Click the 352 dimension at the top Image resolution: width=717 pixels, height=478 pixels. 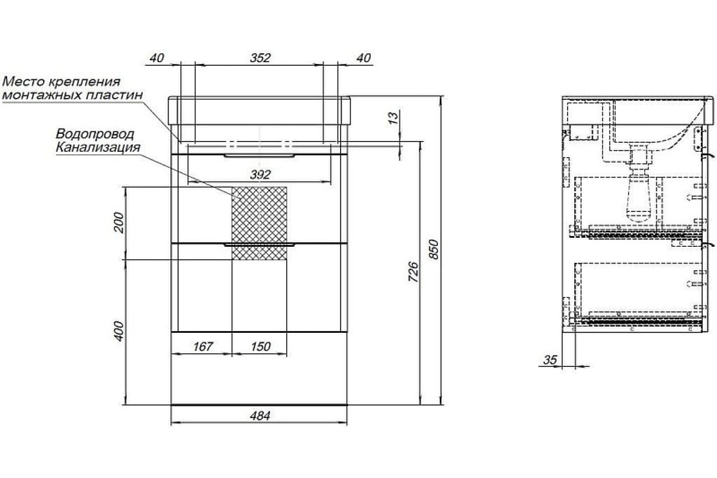coord(261,58)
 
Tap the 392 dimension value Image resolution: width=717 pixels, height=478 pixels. coord(261,175)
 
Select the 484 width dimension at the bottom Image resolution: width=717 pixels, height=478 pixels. coord(260,416)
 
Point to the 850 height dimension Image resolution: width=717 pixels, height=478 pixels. coord(433,249)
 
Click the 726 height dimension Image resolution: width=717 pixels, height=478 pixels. coord(413,272)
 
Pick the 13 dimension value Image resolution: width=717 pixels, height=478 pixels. coord(394,118)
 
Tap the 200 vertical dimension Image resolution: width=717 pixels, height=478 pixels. coord(119,222)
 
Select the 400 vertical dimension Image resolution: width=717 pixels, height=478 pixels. coord(119,332)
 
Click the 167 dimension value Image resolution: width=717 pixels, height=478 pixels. coord(203,347)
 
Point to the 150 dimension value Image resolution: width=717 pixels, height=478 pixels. coord(261,347)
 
